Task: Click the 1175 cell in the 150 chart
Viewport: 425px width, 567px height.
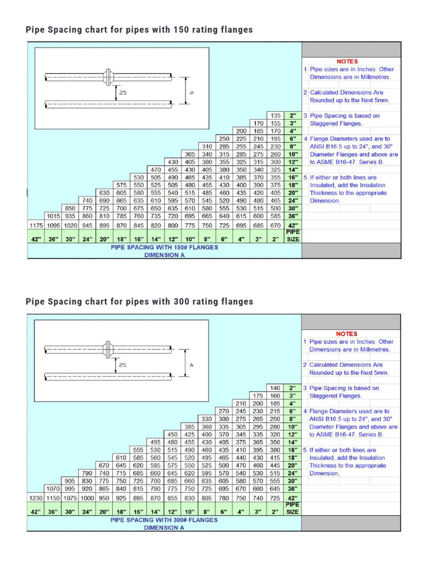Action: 36,225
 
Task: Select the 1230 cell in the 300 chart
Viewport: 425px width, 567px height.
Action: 36,498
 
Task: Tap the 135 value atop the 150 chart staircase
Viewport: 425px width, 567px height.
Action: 275,115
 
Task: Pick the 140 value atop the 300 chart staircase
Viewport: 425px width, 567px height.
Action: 275,388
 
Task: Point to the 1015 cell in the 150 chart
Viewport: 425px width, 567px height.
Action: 54,215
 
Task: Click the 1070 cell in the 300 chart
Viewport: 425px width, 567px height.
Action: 54,489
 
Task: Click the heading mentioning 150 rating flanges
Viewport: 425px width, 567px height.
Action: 139,29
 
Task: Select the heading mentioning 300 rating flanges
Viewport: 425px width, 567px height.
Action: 139,302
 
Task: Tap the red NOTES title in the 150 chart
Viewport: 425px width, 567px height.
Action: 347,61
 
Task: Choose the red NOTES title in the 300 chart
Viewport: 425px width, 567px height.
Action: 347,334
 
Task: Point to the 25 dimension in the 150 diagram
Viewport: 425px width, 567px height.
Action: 122,93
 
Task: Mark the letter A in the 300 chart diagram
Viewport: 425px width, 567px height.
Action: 191,365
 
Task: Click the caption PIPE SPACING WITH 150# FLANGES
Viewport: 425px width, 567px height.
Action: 164,248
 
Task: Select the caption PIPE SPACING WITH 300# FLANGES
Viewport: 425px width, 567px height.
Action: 164,520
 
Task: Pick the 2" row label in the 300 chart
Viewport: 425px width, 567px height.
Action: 293,388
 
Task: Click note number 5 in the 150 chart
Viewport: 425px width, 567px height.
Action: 305,178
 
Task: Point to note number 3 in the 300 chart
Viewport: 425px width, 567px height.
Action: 305,388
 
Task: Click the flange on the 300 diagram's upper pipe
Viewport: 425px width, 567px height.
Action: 108,348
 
